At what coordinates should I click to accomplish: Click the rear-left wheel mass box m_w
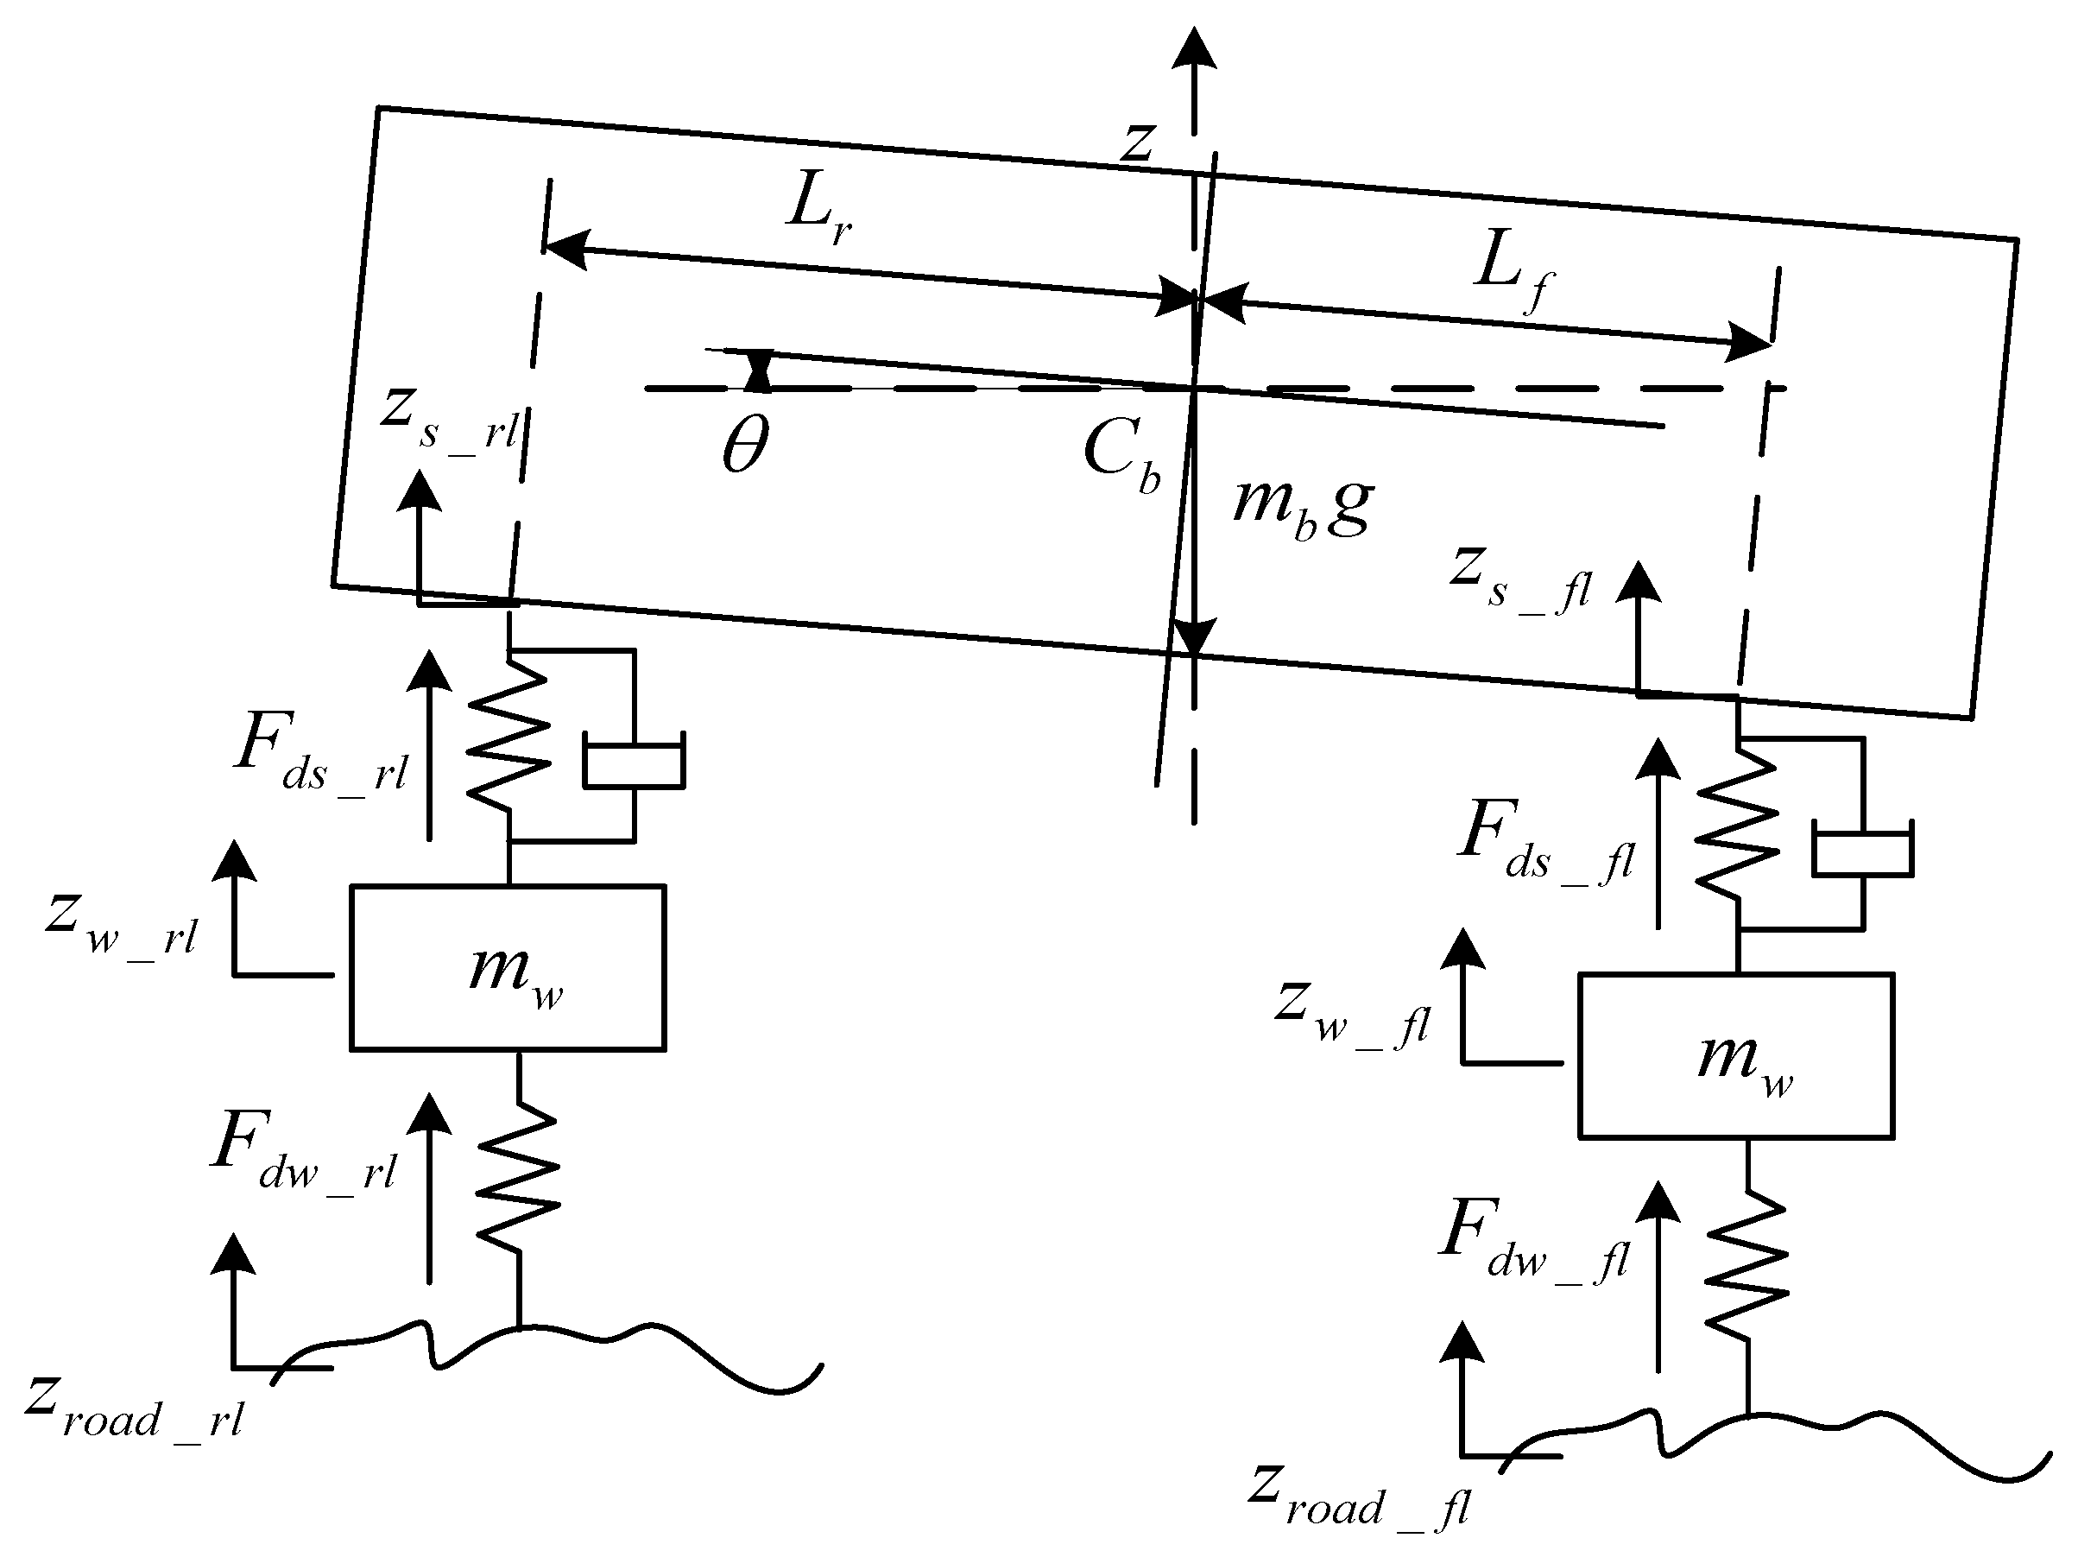point(508,967)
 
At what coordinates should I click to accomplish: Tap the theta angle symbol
point(745,446)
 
